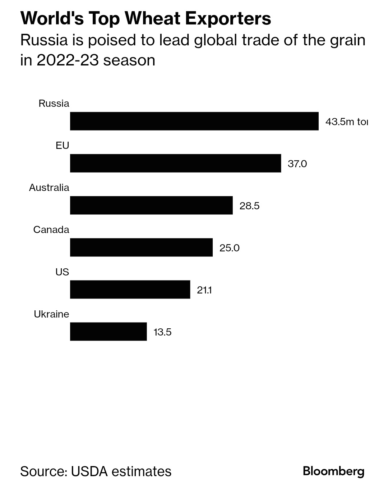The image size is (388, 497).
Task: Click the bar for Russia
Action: coord(194,121)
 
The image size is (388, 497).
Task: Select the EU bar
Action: coord(175,163)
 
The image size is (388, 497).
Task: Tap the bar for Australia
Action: coord(151,205)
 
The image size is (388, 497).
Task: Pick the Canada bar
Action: coord(141,247)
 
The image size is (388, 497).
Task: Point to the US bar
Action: coord(130,289)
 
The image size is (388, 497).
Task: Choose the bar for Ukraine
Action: coord(108,332)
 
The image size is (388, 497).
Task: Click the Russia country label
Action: coord(54,104)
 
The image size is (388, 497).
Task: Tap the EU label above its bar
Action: coord(62,146)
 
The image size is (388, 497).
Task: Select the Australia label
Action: coord(49,188)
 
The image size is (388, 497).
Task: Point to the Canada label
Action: coord(51,230)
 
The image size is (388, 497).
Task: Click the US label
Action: coord(62,272)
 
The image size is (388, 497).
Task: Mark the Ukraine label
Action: coord(51,314)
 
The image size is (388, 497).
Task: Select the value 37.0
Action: coord(297,164)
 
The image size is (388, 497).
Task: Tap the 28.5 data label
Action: coord(249,206)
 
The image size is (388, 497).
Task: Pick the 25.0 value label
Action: coord(229,248)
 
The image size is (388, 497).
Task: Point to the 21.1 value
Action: coord(204,290)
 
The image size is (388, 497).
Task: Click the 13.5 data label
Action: coord(162,332)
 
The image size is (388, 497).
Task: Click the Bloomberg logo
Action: coord(333,471)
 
